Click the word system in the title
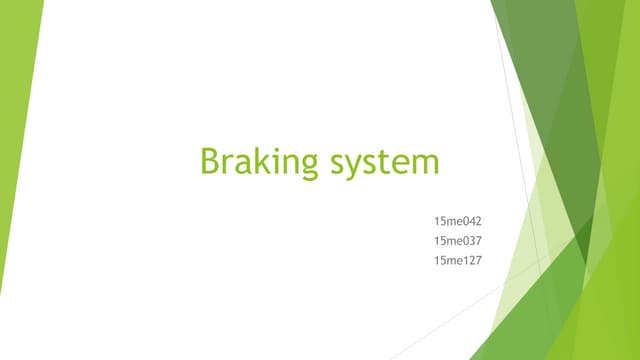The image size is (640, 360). click(386, 162)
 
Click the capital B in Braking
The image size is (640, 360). click(210, 160)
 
